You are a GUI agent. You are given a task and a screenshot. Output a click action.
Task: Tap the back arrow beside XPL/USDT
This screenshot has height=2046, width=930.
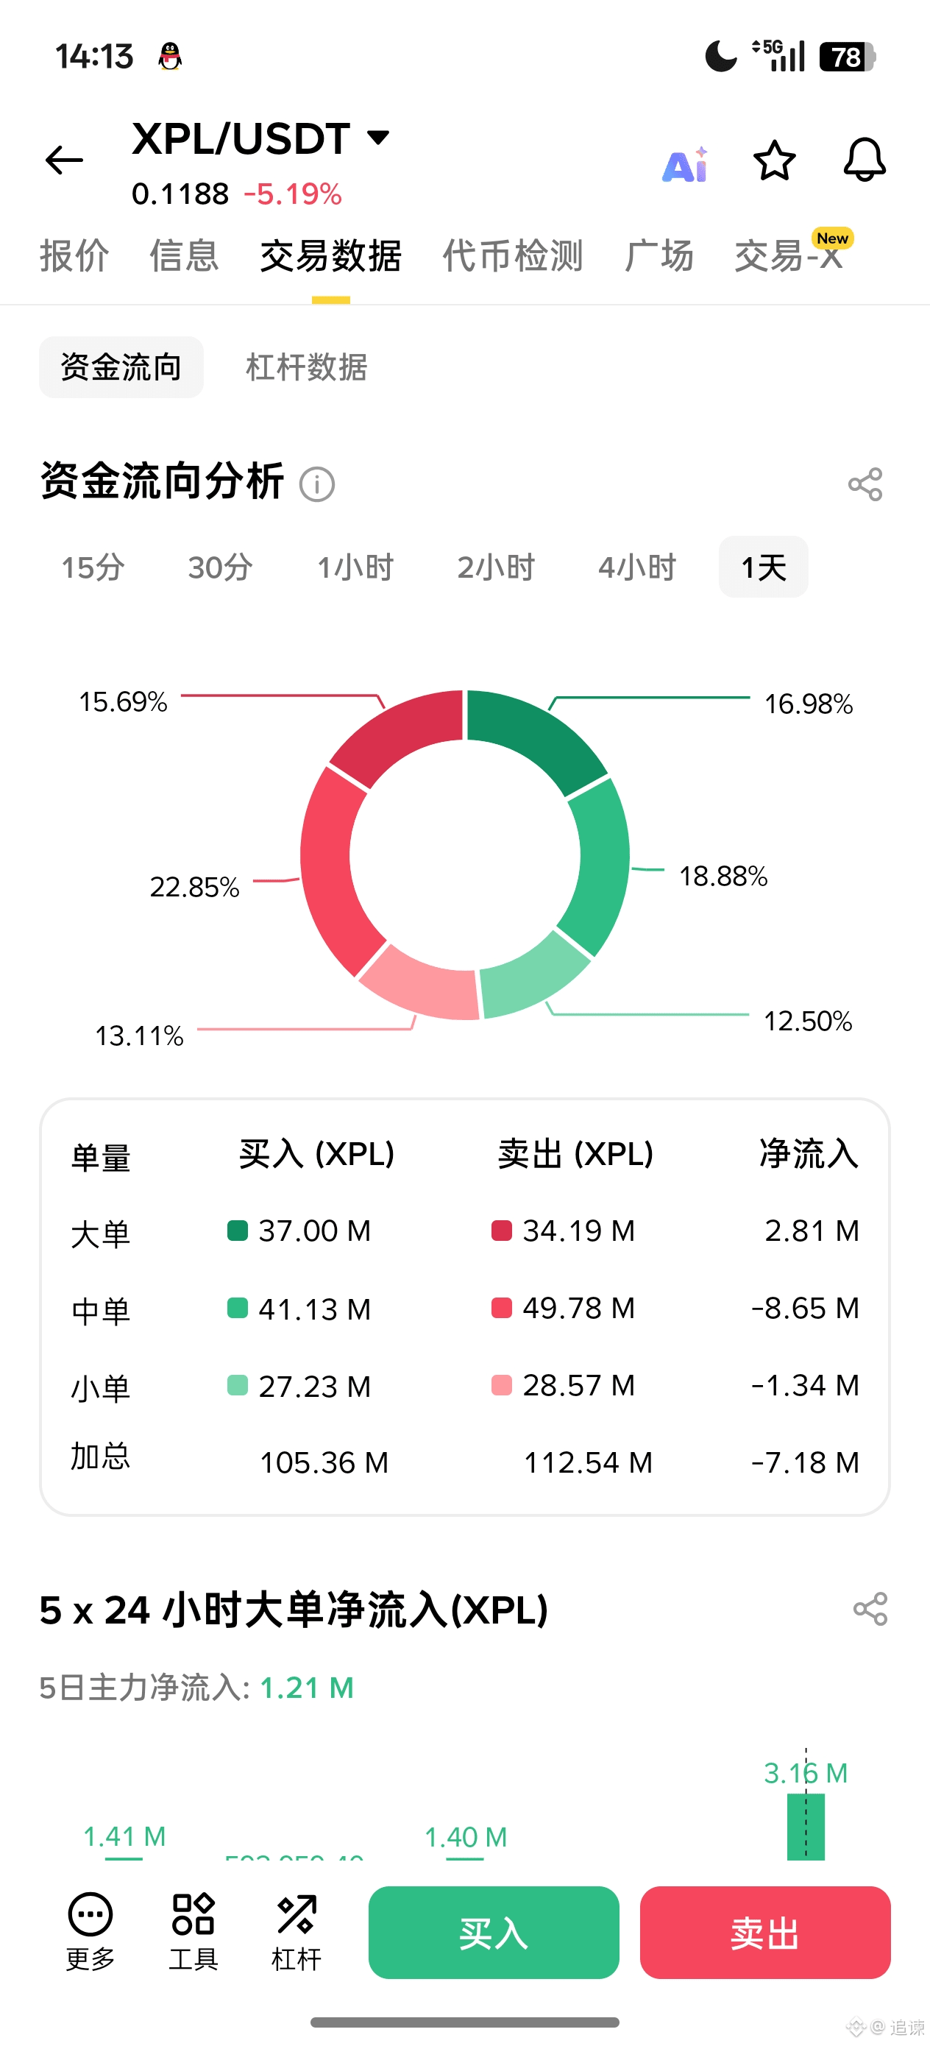click(x=64, y=160)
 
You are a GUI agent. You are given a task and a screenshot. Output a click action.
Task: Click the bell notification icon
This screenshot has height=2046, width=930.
click(x=864, y=160)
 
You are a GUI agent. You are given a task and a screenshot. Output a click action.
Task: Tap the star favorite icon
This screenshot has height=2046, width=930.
click(x=773, y=160)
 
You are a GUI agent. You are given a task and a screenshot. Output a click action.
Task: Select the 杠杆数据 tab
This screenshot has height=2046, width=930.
click(x=306, y=367)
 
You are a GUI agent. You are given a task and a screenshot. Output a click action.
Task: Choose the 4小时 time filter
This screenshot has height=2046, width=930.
click(x=637, y=567)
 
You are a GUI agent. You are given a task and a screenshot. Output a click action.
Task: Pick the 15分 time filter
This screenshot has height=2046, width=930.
click(x=93, y=567)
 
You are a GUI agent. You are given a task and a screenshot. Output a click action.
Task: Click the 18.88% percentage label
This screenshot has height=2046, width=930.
click(x=723, y=876)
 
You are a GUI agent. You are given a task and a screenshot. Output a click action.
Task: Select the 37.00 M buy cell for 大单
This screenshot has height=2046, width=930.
click(x=314, y=1231)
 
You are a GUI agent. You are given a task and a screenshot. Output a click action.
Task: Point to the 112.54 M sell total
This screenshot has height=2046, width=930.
click(x=588, y=1462)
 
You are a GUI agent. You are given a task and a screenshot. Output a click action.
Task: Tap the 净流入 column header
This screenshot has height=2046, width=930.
click(x=809, y=1154)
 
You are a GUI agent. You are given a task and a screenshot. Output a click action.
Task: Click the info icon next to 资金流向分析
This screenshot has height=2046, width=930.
click(x=317, y=484)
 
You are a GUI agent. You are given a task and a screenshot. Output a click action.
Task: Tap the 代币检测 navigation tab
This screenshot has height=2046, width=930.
click(x=512, y=256)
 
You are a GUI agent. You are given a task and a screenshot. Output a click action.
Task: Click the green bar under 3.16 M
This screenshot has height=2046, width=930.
click(x=806, y=1827)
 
